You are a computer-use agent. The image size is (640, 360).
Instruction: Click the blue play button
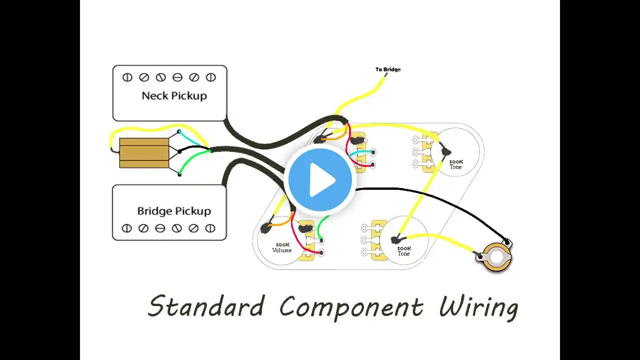coord(320,180)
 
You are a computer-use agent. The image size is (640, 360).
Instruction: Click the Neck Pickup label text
coord(174,96)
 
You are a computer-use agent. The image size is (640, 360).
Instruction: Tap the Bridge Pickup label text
coord(174,211)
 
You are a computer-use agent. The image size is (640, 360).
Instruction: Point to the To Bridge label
coord(388,69)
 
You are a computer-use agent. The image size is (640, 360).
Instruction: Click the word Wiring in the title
coord(478,308)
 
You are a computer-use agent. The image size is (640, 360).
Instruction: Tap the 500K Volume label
coord(282,247)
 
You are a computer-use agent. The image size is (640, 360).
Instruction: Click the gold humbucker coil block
coord(144,153)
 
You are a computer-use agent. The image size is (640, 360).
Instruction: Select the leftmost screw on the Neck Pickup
coord(127,77)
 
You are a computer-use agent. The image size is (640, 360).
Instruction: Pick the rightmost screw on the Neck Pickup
coord(211,77)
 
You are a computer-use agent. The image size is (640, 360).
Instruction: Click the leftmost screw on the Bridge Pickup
coord(126,228)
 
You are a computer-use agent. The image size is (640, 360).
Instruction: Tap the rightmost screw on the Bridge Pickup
coord(210,228)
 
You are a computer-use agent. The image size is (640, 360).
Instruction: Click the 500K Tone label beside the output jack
coord(404,251)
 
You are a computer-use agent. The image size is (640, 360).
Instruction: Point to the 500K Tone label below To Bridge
coord(456,164)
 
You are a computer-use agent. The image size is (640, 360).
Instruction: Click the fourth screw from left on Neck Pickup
coord(177,77)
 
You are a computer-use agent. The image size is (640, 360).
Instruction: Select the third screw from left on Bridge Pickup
coord(160,228)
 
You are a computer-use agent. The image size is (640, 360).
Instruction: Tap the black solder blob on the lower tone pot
coord(395,239)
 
